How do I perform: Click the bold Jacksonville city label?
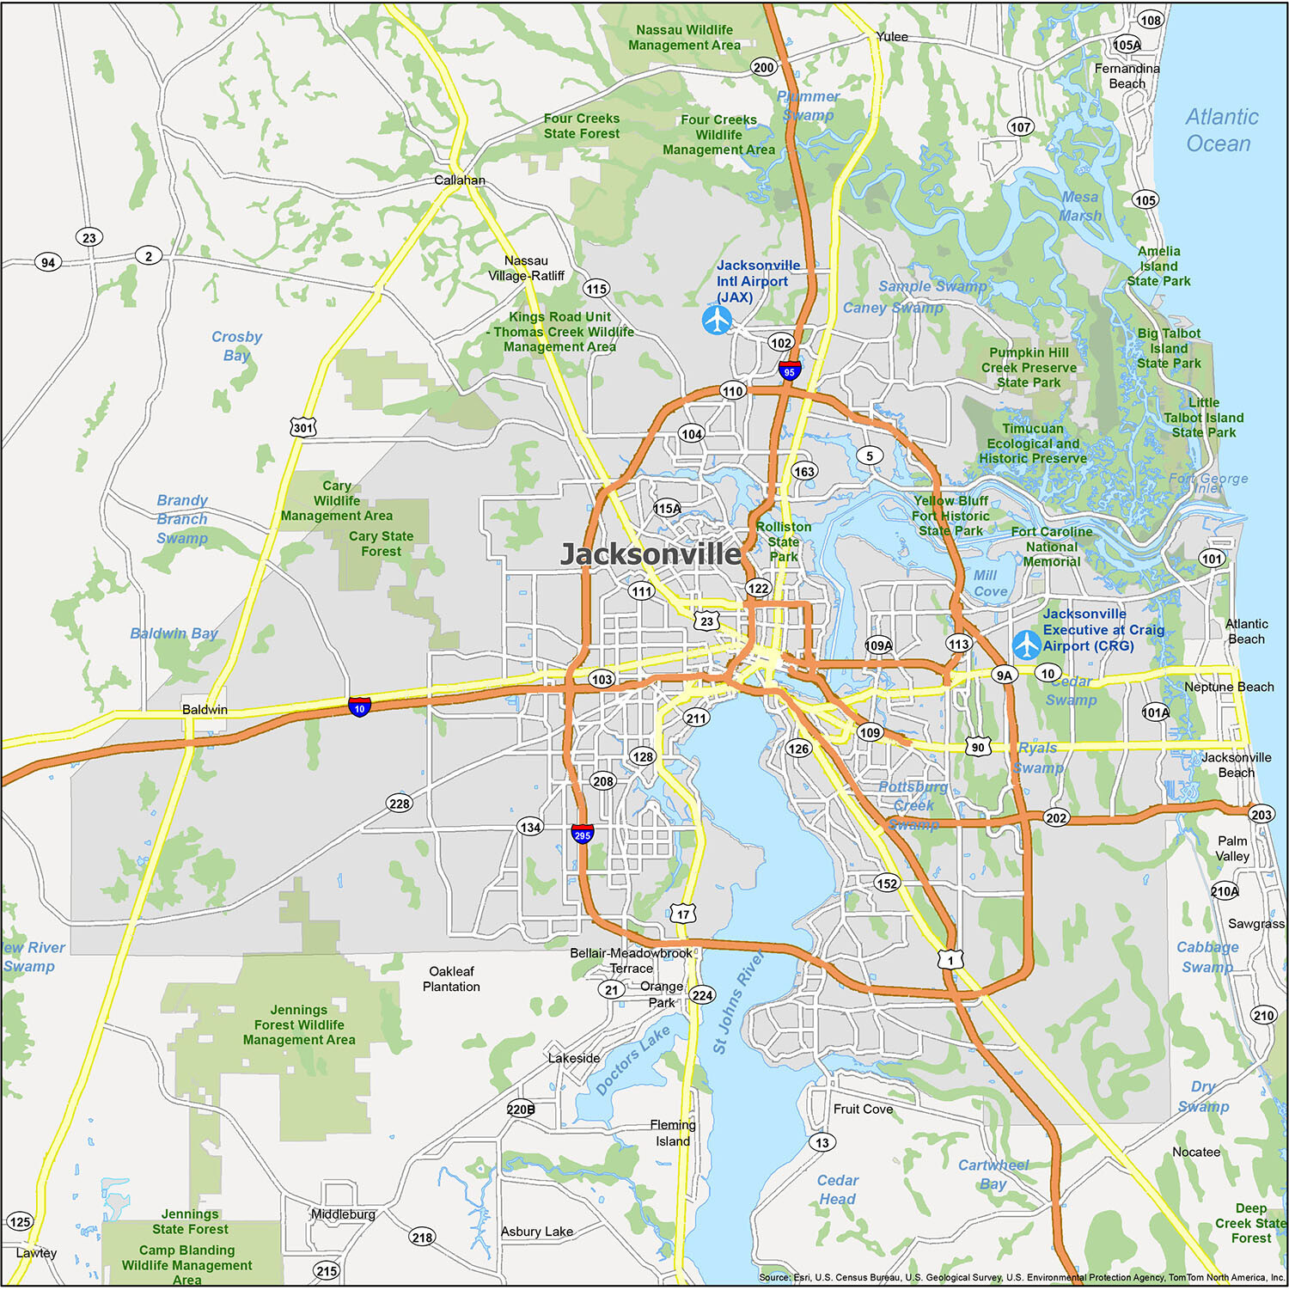[651, 554]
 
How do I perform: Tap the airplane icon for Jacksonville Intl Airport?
[717, 321]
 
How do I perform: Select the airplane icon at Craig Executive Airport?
[1026, 645]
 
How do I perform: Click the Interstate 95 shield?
[790, 371]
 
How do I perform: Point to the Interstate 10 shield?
[359, 707]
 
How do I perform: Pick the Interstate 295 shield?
[583, 834]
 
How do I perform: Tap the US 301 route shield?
[303, 427]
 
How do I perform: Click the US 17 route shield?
[683, 914]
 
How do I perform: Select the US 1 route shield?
[950, 959]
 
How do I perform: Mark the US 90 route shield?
[978, 747]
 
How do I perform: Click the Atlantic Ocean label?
[1220, 130]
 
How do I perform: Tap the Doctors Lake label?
[632, 1061]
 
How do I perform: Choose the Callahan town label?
[459, 180]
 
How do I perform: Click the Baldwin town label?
[205, 710]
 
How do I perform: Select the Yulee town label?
[892, 36]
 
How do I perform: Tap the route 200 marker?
[763, 67]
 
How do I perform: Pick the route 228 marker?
[400, 804]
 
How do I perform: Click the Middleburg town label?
[343, 1214]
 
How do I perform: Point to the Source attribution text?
[1022, 1278]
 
